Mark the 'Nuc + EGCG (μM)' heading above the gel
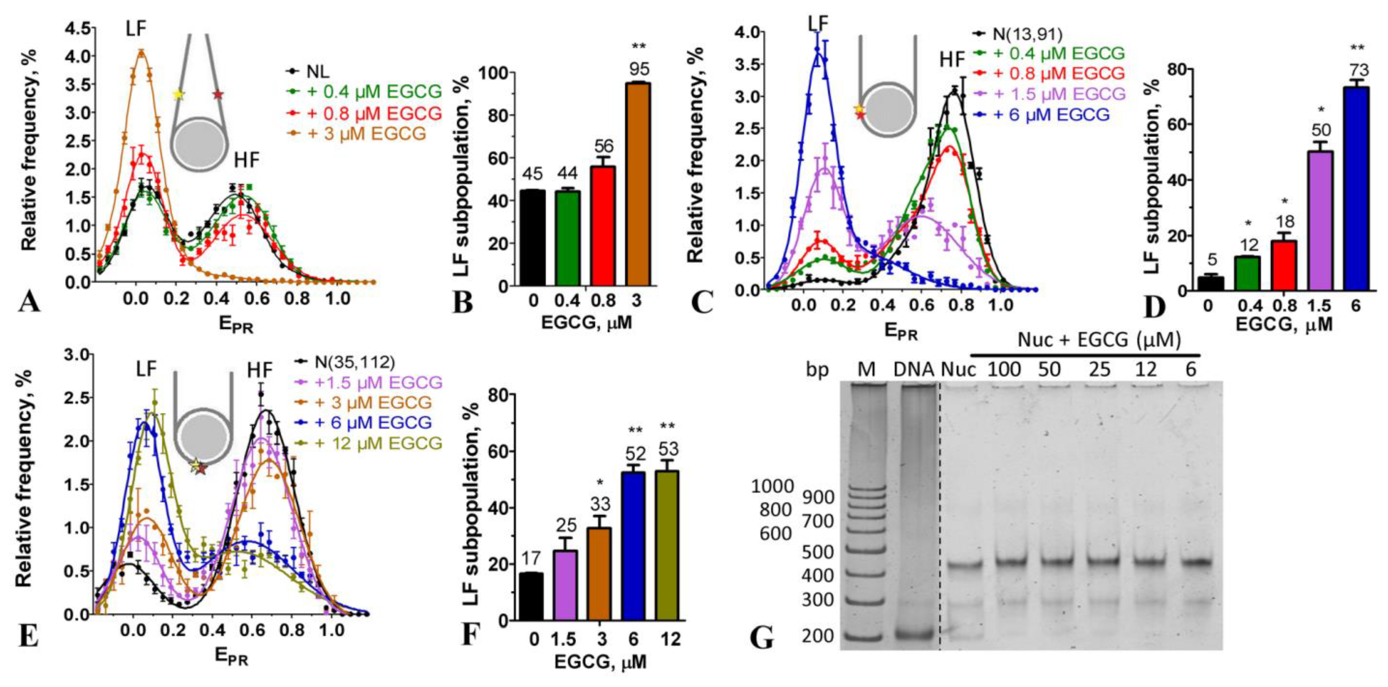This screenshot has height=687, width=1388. pyautogui.click(x=1099, y=340)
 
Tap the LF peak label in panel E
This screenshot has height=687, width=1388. pyautogui.click(x=146, y=369)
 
